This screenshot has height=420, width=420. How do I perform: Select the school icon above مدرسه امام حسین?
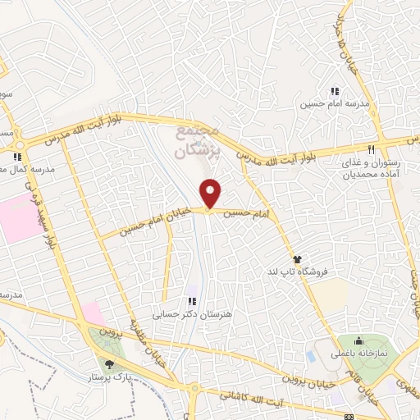[334, 91]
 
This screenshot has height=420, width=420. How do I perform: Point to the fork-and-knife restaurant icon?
[371, 149]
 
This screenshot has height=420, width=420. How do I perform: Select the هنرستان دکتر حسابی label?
[186, 314]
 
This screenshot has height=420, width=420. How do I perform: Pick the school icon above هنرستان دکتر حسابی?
[193, 302]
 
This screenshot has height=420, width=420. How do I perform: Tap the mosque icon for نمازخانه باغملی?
[358, 341]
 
